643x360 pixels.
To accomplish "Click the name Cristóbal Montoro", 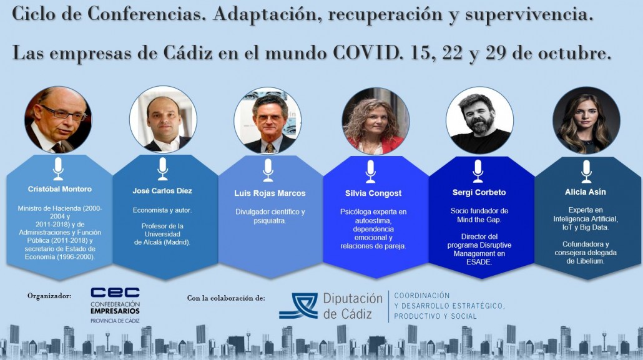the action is tap(60, 189).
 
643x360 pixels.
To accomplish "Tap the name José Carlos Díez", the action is tap(162, 191).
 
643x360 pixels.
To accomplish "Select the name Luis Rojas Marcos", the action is tap(270, 193).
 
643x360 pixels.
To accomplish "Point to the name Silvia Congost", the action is tap(373, 193).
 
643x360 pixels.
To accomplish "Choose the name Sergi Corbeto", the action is tap(479, 192).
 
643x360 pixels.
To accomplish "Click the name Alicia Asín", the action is tap(585, 192).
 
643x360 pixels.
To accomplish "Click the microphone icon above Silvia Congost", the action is tap(371, 172).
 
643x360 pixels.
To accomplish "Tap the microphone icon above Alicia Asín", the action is tap(586, 172).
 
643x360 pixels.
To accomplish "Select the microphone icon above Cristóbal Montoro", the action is tap(58, 169).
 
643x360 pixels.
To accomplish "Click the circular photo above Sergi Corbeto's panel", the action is tap(479, 120).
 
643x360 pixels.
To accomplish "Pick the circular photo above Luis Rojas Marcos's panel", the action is tap(267, 120).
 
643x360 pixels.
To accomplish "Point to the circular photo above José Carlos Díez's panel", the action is tap(163, 119).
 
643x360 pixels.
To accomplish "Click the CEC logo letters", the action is tap(115, 293).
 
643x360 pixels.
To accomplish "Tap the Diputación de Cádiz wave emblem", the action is tap(298, 306).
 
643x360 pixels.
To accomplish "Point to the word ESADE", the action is tap(479, 261).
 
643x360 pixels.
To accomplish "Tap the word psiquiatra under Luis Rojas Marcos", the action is tap(270, 221).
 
